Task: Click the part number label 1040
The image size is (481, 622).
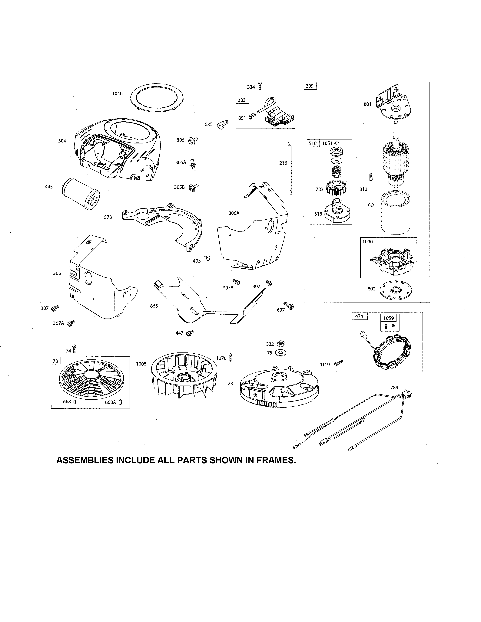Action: (117, 94)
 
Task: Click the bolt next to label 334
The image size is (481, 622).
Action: (260, 85)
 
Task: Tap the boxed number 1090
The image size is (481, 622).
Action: (368, 241)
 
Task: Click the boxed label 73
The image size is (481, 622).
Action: (56, 361)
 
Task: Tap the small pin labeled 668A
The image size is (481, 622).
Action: (120, 402)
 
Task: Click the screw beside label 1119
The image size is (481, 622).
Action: (339, 363)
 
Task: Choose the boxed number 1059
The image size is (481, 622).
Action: (388, 318)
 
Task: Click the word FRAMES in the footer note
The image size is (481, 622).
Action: (275, 460)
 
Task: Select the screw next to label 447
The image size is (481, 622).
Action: (190, 333)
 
